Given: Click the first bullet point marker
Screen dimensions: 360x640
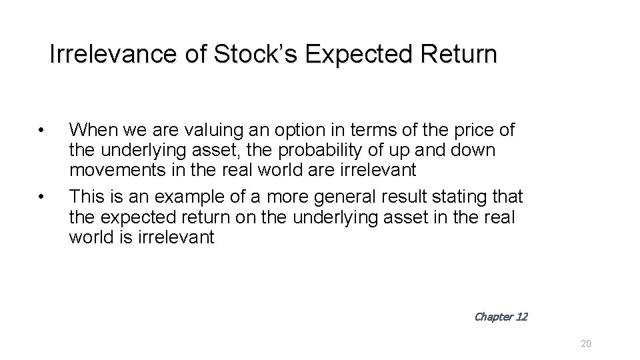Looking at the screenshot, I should [41, 129].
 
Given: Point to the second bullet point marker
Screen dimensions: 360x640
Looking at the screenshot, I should [41, 197].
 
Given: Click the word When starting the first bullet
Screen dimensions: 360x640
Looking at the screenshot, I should [91, 129].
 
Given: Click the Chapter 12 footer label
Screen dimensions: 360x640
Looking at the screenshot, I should [501, 317].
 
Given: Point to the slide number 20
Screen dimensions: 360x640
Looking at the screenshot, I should [586, 343].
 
